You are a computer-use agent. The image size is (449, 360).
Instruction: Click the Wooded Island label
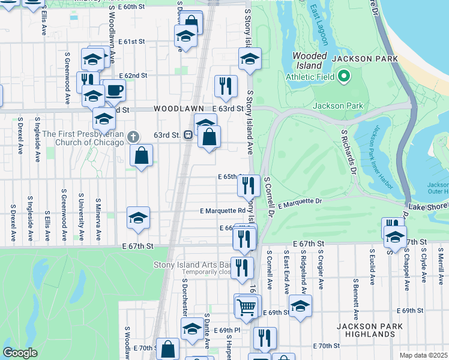coord(309,60)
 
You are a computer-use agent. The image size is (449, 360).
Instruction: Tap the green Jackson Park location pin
coord(343,76)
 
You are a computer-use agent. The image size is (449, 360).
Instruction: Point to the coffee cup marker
coord(115,91)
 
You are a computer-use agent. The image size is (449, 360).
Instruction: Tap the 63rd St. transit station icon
coord(188,135)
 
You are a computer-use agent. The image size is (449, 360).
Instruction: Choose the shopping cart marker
coord(247,307)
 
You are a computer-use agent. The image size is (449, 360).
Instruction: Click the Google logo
coord(20,353)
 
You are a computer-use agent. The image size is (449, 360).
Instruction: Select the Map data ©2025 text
coord(424,355)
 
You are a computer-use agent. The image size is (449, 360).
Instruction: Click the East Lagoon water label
coord(318,25)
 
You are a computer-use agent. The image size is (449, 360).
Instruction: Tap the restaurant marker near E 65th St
coord(249,185)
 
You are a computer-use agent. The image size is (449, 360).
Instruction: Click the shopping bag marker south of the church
coord(141,156)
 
